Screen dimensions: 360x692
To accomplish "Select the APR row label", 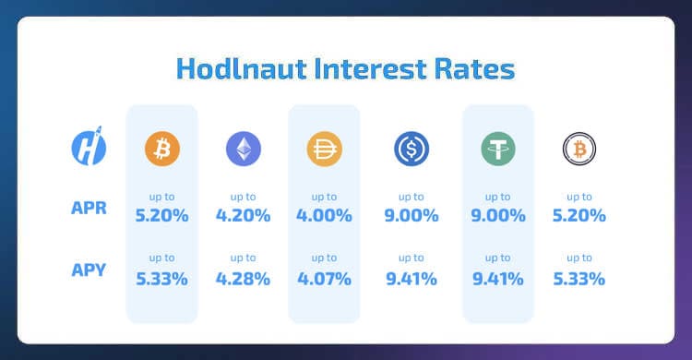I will (x=89, y=209).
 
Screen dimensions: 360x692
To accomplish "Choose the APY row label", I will (x=89, y=270).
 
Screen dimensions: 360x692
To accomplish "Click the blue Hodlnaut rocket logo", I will (x=89, y=148).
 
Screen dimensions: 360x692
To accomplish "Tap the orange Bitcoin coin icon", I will (x=161, y=148).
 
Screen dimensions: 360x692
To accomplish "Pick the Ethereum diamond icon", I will (x=244, y=148).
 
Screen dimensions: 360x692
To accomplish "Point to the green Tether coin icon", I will (x=498, y=148).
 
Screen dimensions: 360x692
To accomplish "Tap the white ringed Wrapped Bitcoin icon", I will (x=579, y=148).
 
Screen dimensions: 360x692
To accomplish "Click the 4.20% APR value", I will (x=244, y=216).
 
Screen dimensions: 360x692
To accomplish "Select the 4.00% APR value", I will (x=325, y=216).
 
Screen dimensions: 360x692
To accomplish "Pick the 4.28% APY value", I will (x=244, y=278).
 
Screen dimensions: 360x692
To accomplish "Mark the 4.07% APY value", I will (x=325, y=278).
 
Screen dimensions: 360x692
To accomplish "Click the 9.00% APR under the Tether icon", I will (x=498, y=216).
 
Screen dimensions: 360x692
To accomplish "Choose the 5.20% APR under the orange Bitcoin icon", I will (x=161, y=216).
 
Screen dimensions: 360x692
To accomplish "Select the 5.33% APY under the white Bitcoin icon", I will (x=579, y=278).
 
